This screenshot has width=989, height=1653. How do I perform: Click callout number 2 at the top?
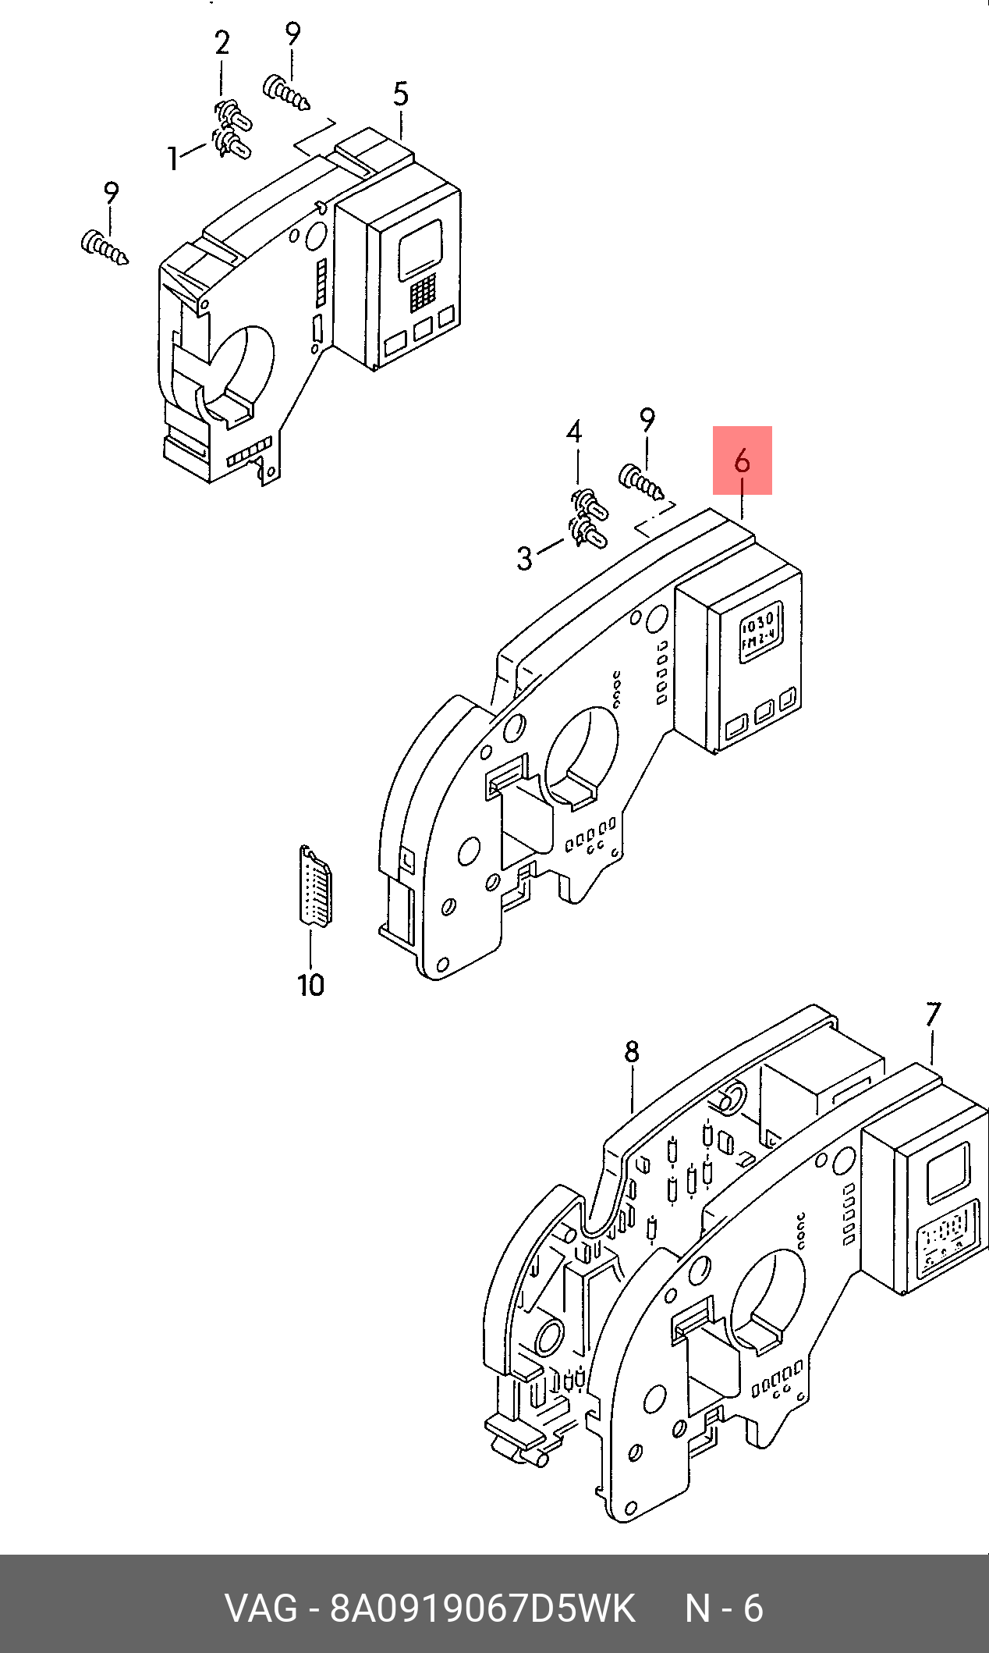pyautogui.click(x=222, y=44)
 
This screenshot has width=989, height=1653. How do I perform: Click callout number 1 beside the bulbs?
pyautogui.click(x=173, y=158)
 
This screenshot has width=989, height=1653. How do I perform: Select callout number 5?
pyautogui.click(x=400, y=94)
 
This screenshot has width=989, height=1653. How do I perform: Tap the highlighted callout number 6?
pyautogui.click(x=742, y=460)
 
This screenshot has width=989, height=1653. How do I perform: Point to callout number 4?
pyautogui.click(x=574, y=432)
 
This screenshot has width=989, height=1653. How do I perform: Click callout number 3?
pyautogui.click(x=525, y=558)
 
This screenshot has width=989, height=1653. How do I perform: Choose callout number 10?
pyautogui.click(x=310, y=984)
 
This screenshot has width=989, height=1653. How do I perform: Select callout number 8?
pyautogui.click(x=632, y=1053)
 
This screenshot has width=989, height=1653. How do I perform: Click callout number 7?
pyautogui.click(x=933, y=1015)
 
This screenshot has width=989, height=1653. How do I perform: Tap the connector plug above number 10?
pyautogui.click(x=316, y=886)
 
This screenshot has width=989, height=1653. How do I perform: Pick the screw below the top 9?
pyautogui.click(x=287, y=92)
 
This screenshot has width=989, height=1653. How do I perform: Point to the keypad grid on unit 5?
pyautogui.click(x=423, y=292)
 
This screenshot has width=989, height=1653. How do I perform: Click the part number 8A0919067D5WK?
pyautogui.click(x=483, y=1608)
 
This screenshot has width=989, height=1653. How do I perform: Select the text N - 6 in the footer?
pyautogui.click(x=724, y=1608)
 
